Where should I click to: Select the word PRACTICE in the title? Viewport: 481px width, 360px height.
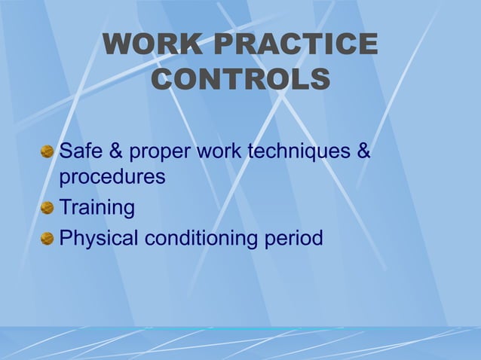tap(296, 45)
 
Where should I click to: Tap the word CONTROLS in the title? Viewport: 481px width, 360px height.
tap(240, 78)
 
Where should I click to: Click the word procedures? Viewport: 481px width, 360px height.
tap(112, 178)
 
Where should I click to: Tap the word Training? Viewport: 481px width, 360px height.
tap(97, 207)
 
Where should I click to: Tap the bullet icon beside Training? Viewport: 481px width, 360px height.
tap(47, 208)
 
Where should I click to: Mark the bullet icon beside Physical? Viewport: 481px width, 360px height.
tap(47, 239)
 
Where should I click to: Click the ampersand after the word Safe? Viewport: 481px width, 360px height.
tap(116, 151)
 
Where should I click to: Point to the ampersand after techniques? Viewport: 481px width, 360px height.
tap(363, 151)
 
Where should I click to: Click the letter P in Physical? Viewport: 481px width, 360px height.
tap(66, 238)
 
